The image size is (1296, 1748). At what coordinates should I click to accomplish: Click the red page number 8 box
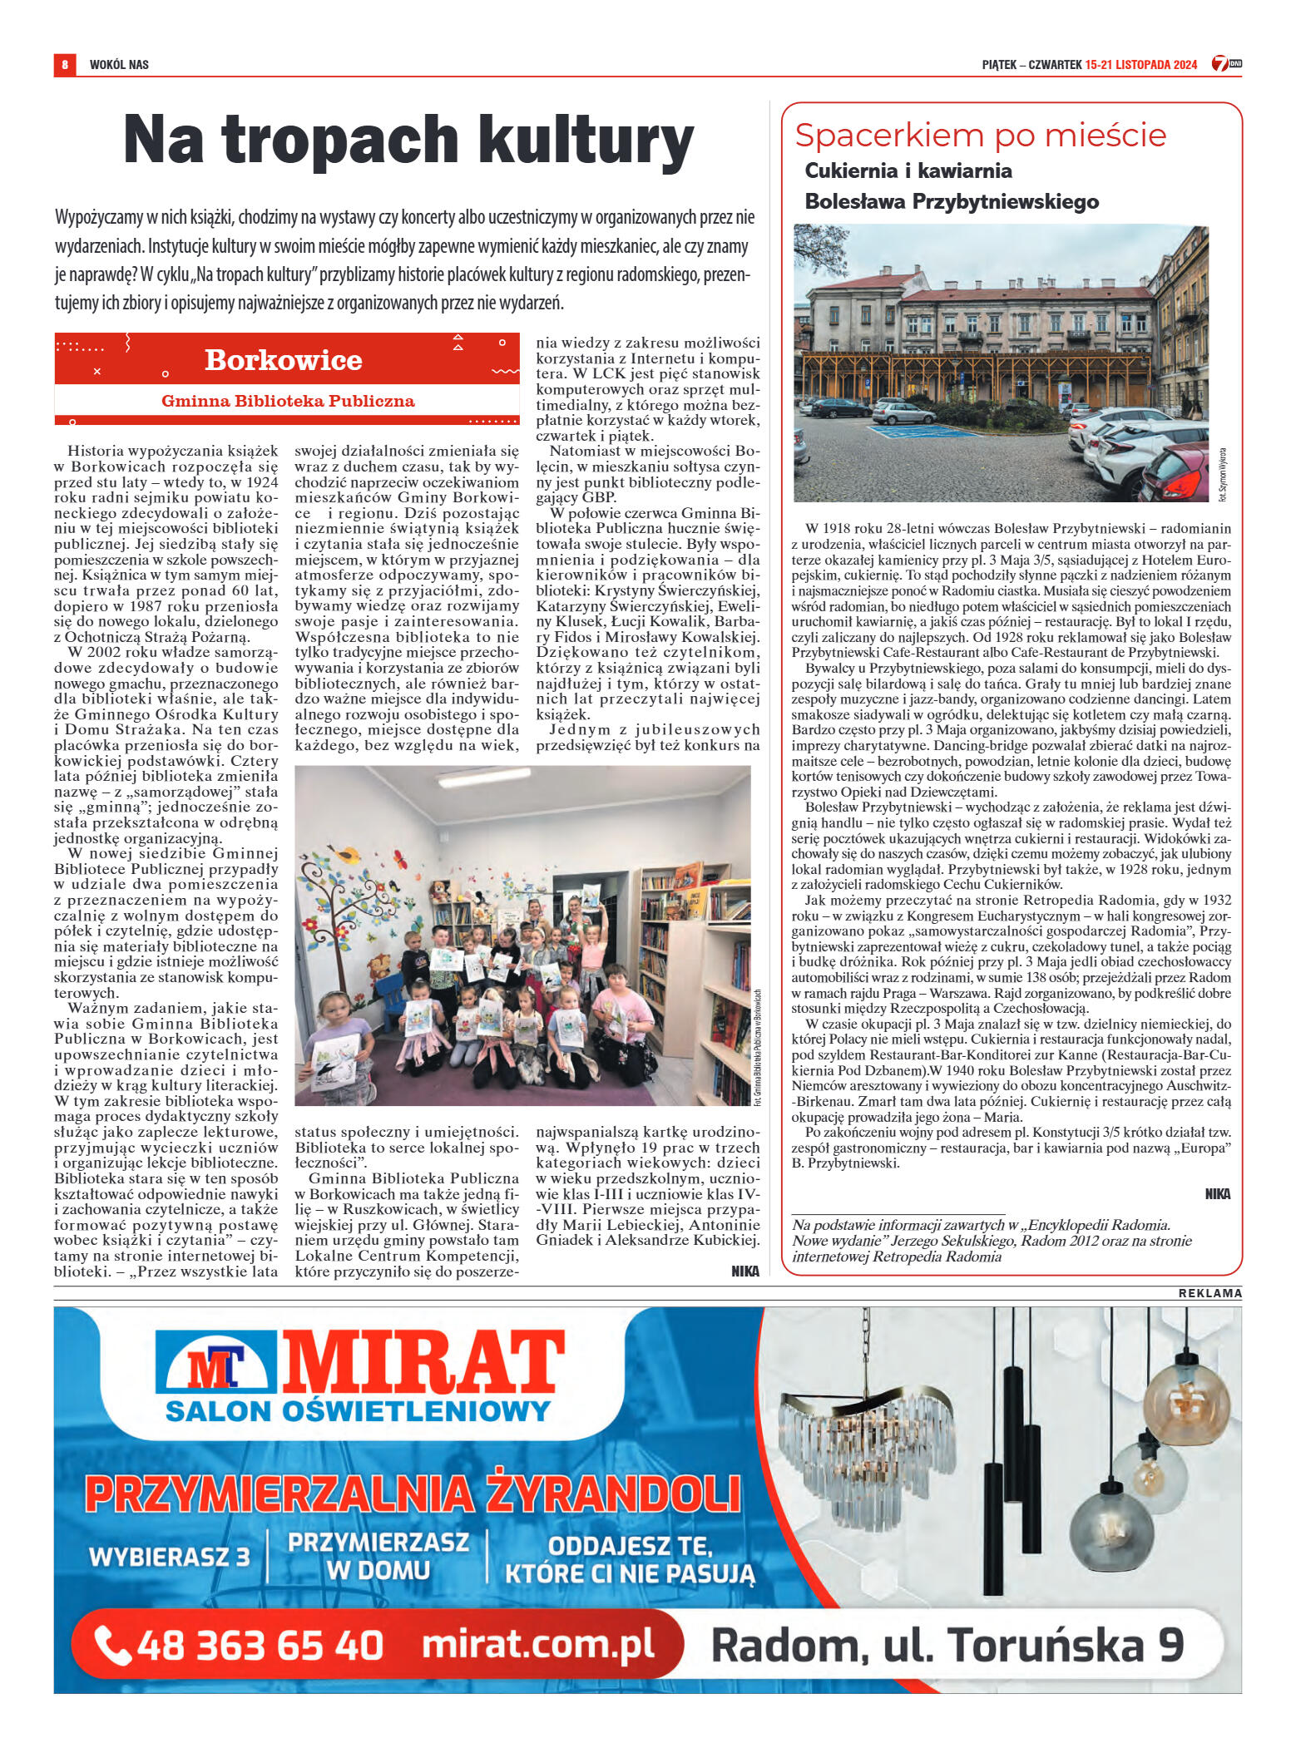tap(64, 64)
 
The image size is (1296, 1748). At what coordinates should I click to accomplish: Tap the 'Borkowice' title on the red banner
tap(283, 360)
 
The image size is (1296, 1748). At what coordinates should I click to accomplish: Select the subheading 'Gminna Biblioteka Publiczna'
tap(288, 401)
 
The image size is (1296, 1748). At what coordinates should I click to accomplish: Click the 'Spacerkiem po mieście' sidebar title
tap(980, 136)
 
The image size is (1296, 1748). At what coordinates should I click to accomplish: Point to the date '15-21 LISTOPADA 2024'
tap(1140, 65)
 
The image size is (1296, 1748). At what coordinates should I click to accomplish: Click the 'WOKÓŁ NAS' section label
tap(119, 65)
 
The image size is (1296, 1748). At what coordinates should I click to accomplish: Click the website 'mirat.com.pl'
tap(537, 1644)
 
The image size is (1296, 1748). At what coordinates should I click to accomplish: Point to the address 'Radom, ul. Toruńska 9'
tap(947, 1646)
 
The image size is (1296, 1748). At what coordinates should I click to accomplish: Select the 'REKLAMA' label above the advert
tap(1209, 1293)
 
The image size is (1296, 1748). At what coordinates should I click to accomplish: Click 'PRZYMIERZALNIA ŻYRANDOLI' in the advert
tap(412, 1494)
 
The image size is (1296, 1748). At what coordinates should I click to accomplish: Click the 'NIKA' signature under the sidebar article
tap(1217, 1194)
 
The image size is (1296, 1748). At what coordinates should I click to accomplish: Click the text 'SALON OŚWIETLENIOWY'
tap(358, 1411)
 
